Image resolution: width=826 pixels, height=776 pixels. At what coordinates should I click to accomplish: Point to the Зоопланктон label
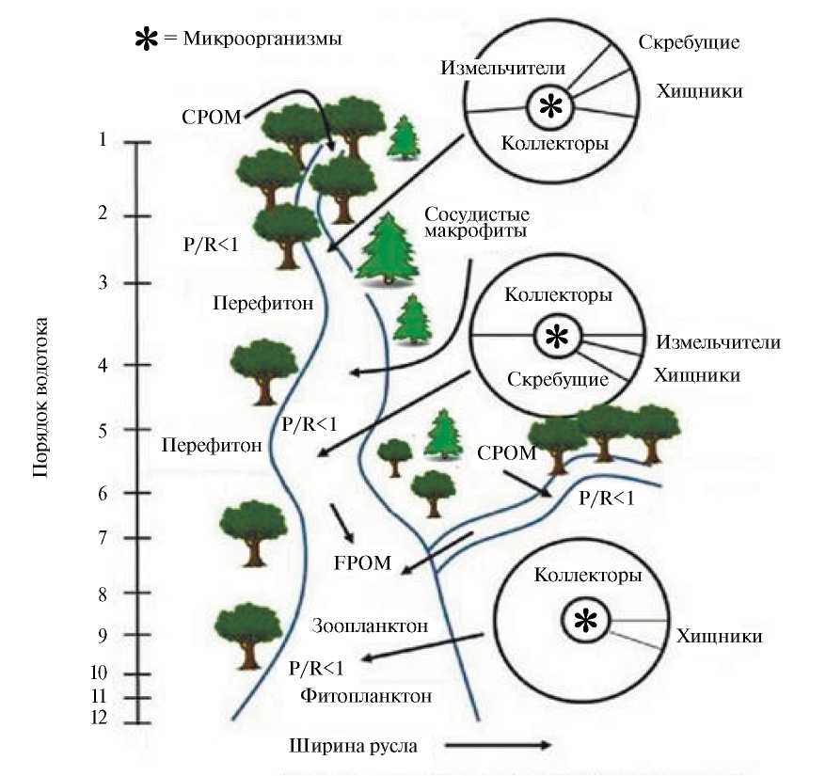click(x=370, y=626)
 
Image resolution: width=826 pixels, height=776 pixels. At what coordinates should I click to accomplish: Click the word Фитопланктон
click(x=367, y=697)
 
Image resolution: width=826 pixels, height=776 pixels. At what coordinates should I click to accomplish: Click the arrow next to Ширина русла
click(x=497, y=746)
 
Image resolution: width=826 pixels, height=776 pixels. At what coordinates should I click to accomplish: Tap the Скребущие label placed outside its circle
click(x=689, y=42)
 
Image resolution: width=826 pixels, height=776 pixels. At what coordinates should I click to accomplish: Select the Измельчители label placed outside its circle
click(x=719, y=342)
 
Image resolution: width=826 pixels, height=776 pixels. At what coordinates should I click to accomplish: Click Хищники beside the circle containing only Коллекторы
click(x=719, y=637)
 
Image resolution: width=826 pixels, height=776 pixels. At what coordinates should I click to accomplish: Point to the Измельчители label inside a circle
click(x=502, y=69)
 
